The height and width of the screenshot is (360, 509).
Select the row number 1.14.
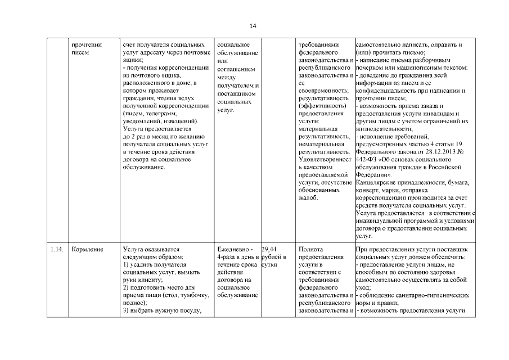click(56, 249)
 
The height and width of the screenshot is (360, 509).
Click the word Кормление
click(87, 249)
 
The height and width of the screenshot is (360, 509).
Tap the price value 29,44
click(269, 249)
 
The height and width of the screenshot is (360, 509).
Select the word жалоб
click(308, 198)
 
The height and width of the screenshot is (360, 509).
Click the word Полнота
click(312, 249)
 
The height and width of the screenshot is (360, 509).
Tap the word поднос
click(133, 303)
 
